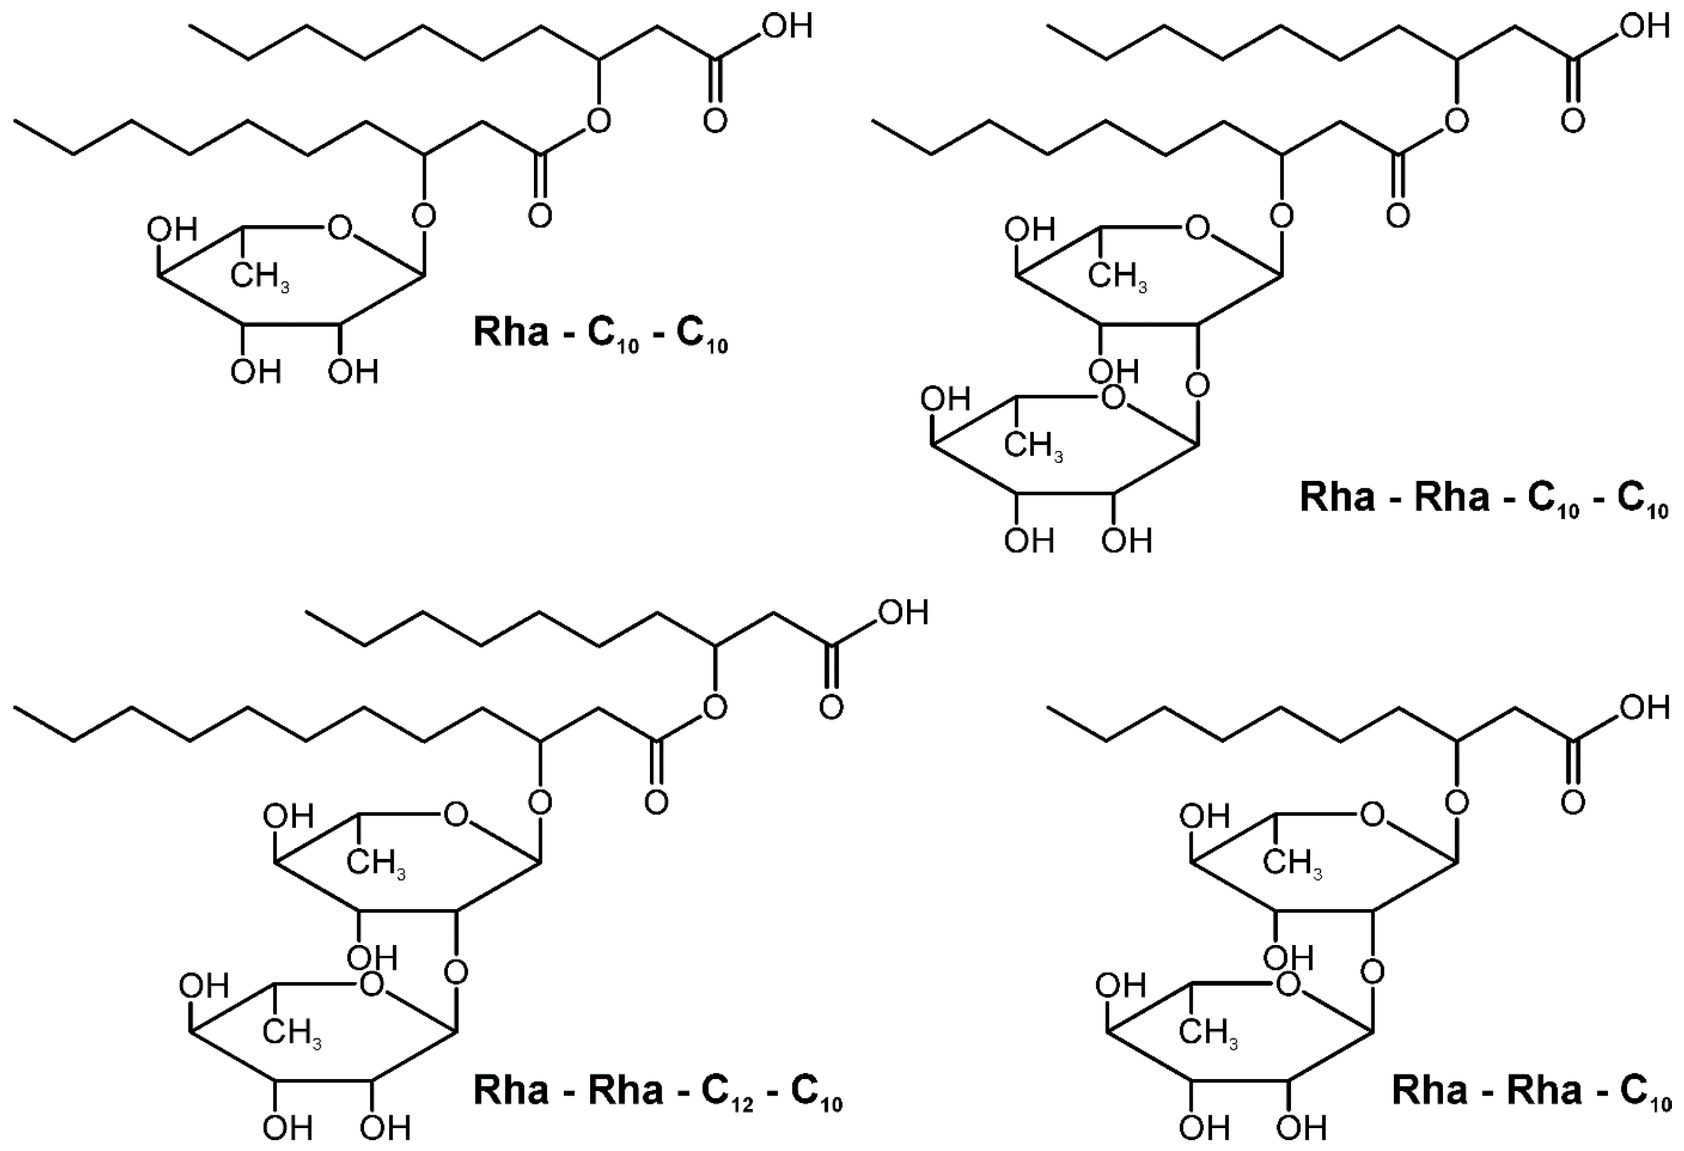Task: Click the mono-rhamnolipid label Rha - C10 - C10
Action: click(600, 334)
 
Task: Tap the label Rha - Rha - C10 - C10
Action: click(1483, 499)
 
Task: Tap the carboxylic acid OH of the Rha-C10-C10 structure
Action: click(787, 27)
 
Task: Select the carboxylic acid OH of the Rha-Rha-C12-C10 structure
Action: click(903, 613)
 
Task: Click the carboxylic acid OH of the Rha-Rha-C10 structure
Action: click(1645, 708)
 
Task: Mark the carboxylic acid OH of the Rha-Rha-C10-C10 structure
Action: click(1645, 27)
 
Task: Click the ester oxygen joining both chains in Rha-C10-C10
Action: click(598, 122)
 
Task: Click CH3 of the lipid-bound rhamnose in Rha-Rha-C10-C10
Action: click(1118, 276)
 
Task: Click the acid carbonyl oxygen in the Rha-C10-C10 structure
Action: click(714, 122)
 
